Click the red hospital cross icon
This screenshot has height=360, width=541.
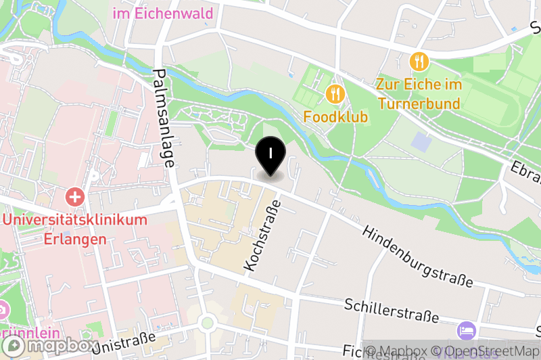(x=74, y=198)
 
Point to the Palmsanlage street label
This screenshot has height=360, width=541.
(x=164, y=118)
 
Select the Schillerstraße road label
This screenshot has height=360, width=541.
(x=392, y=311)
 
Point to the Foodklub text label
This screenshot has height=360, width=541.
(x=335, y=117)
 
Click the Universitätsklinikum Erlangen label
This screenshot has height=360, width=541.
(x=74, y=229)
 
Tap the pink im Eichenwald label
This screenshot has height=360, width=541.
(x=163, y=14)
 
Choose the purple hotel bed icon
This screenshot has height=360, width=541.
(x=467, y=331)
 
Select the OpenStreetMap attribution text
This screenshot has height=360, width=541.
(x=488, y=351)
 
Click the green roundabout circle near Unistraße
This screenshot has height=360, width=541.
(x=208, y=323)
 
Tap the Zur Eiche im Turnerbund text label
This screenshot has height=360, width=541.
(x=419, y=94)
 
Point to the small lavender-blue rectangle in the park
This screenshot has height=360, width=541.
(x=420, y=142)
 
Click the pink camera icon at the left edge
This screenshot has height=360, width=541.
(x=3, y=309)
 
